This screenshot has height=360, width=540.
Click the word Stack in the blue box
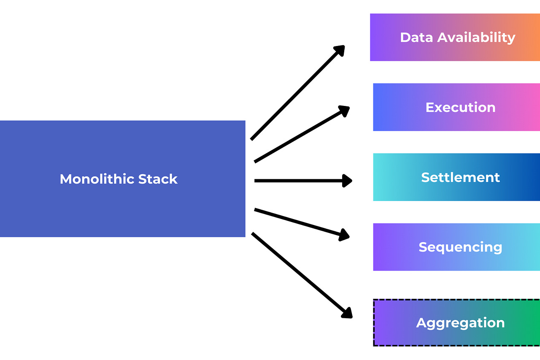tap(159, 179)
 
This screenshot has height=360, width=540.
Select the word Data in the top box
tap(416, 37)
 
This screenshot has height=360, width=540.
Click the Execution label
tap(460, 107)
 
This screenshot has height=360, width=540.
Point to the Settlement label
tap(460, 177)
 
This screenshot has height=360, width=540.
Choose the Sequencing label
tap(460, 247)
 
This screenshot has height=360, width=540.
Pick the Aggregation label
tap(460, 323)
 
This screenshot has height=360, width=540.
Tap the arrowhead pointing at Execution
tap(344, 110)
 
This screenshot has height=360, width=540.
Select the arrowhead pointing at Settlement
tap(347, 181)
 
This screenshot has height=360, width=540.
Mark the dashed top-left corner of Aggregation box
tap(375, 300)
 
